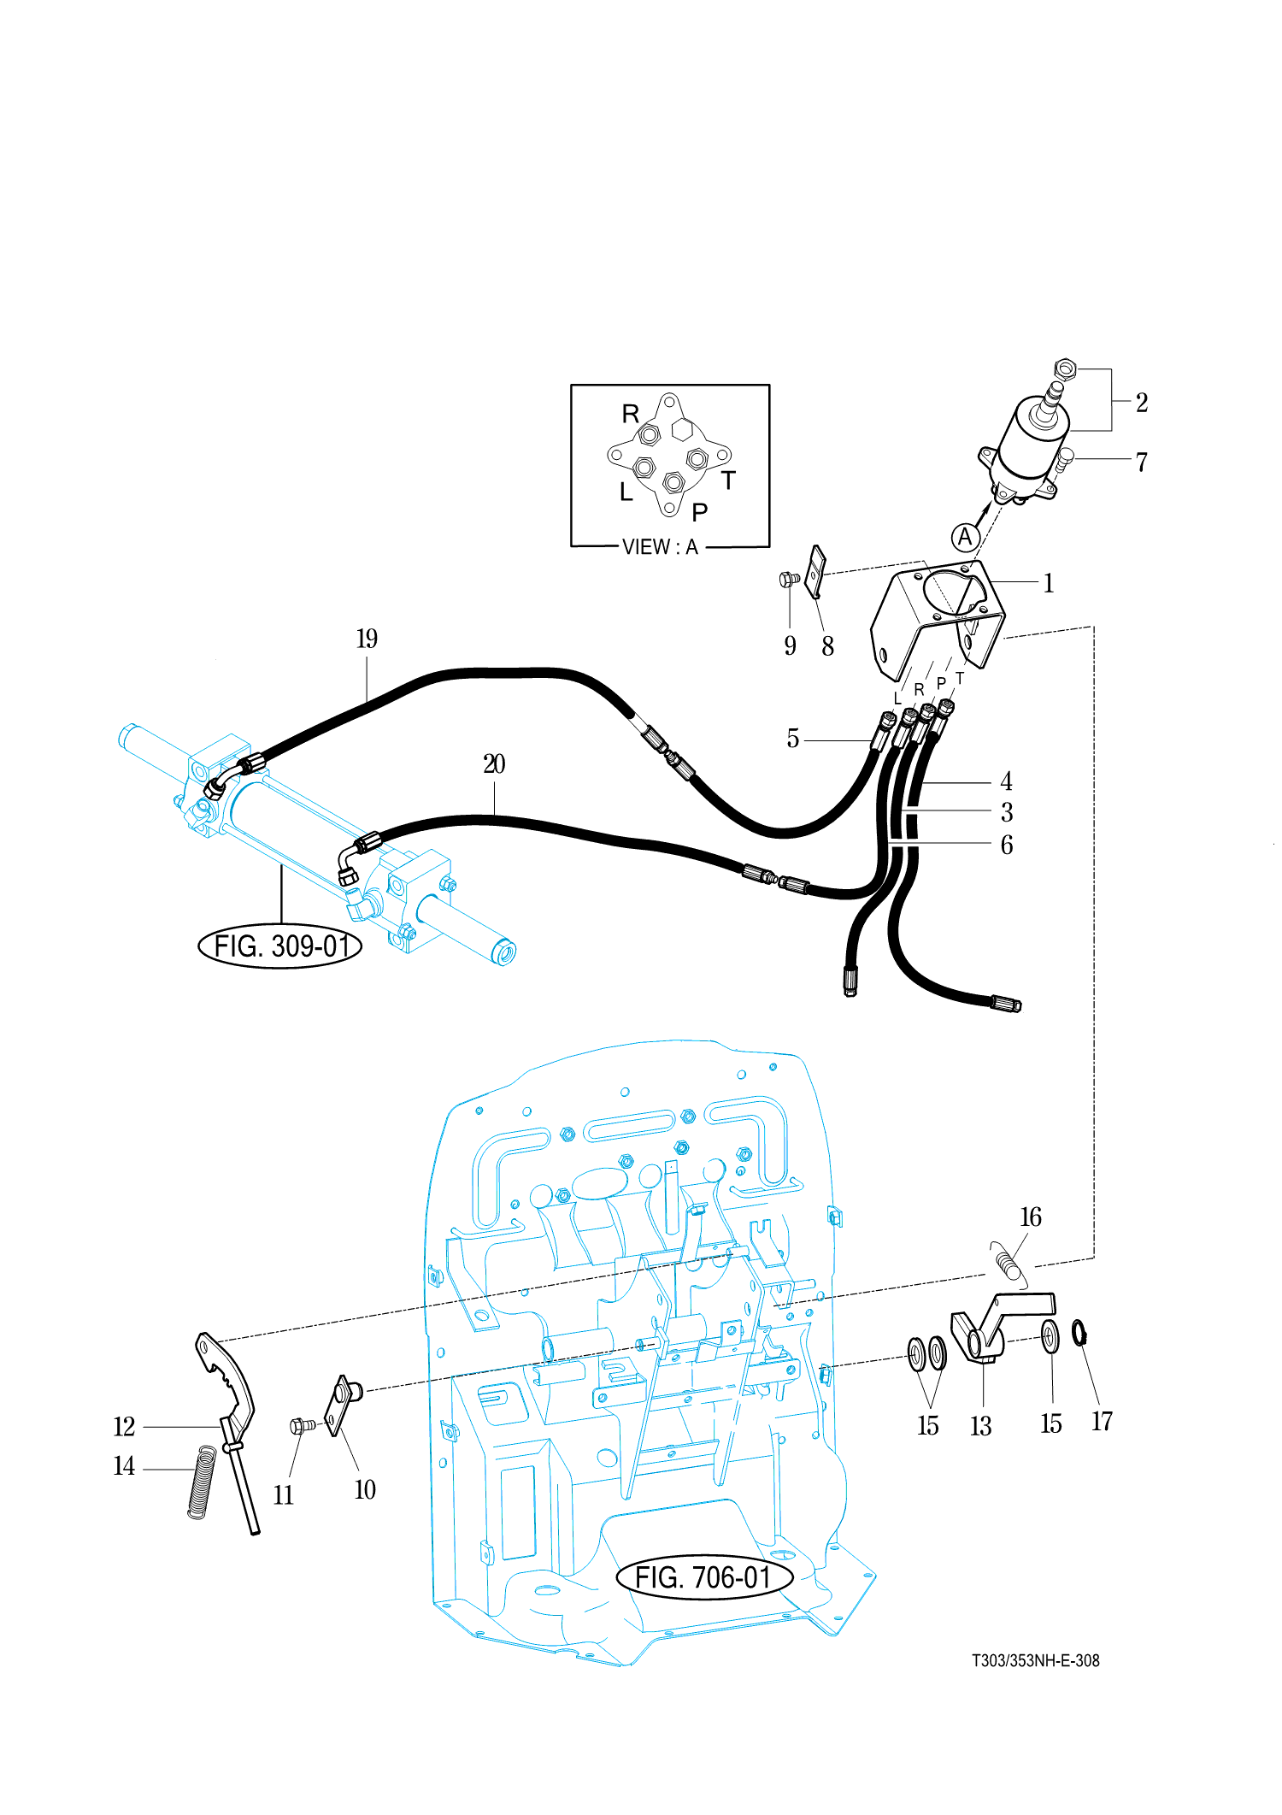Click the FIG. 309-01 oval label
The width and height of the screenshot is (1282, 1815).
[280, 946]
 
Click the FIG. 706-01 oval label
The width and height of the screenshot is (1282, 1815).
[703, 1577]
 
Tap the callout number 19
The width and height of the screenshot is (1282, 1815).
[367, 639]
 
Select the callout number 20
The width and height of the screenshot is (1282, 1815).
[494, 763]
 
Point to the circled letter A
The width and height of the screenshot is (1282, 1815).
[965, 538]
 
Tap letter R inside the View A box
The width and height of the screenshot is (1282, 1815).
[630, 414]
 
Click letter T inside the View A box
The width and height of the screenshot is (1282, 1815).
[727, 480]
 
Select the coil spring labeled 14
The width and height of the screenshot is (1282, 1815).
[202, 1482]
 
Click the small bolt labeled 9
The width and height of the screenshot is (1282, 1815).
[789, 580]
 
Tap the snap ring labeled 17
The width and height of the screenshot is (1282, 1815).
[1079, 1332]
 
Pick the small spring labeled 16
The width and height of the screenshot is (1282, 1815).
[1009, 1260]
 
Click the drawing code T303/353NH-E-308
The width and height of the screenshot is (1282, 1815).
[1035, 1661]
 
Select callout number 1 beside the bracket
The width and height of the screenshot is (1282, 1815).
[1049, 584]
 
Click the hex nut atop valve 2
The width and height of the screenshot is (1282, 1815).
[1064, 369]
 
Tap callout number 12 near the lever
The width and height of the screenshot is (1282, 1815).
[124, 1426]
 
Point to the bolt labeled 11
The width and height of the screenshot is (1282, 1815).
[300, 1425]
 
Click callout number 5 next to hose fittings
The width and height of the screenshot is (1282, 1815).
[793, 739]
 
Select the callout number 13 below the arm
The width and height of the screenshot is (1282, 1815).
[980, 1426]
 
